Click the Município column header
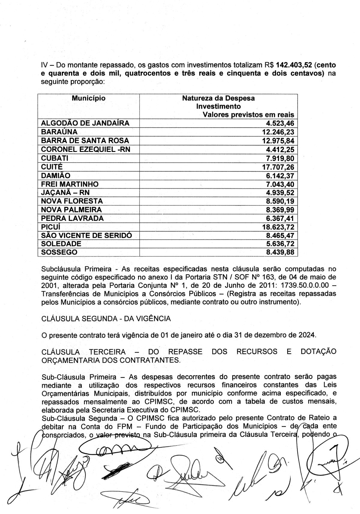click(x=88, y=98)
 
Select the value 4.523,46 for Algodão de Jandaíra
click(x=280, y=123)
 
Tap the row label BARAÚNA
click(x=59, y=132)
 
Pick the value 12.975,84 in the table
click(x=278, y=141)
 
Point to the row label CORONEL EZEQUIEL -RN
click(x=85, y=149)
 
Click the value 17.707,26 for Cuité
click(x=278, y=167)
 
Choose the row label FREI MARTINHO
click(x=70, y=184)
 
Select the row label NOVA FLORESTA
click(x=72, y=201)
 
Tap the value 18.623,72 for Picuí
click(x=278, y=227)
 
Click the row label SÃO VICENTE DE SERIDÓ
click(x=86, y=235)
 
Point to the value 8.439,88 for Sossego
click(x=280, y=252)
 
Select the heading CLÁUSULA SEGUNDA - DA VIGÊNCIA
click(x=106, y=319)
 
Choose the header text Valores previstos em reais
click(x=248, y=115)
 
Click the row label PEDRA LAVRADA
click(x=72, y=218)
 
